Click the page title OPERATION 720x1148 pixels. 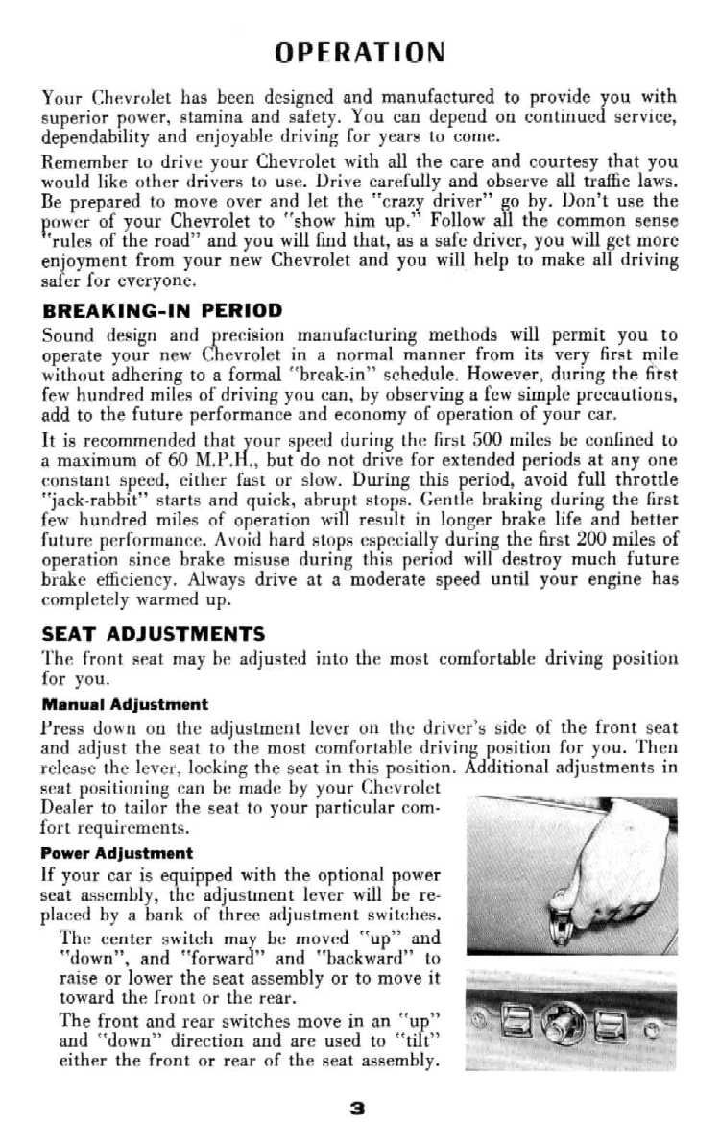pyautogui.click(x=359, y=52)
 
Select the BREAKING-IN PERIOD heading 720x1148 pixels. pyautogui.click(x=162, y=310)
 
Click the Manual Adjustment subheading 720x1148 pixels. pyautogui.click(x=124, y=704)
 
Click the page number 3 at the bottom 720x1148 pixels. pyautogui.click(x=358, y=1108)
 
